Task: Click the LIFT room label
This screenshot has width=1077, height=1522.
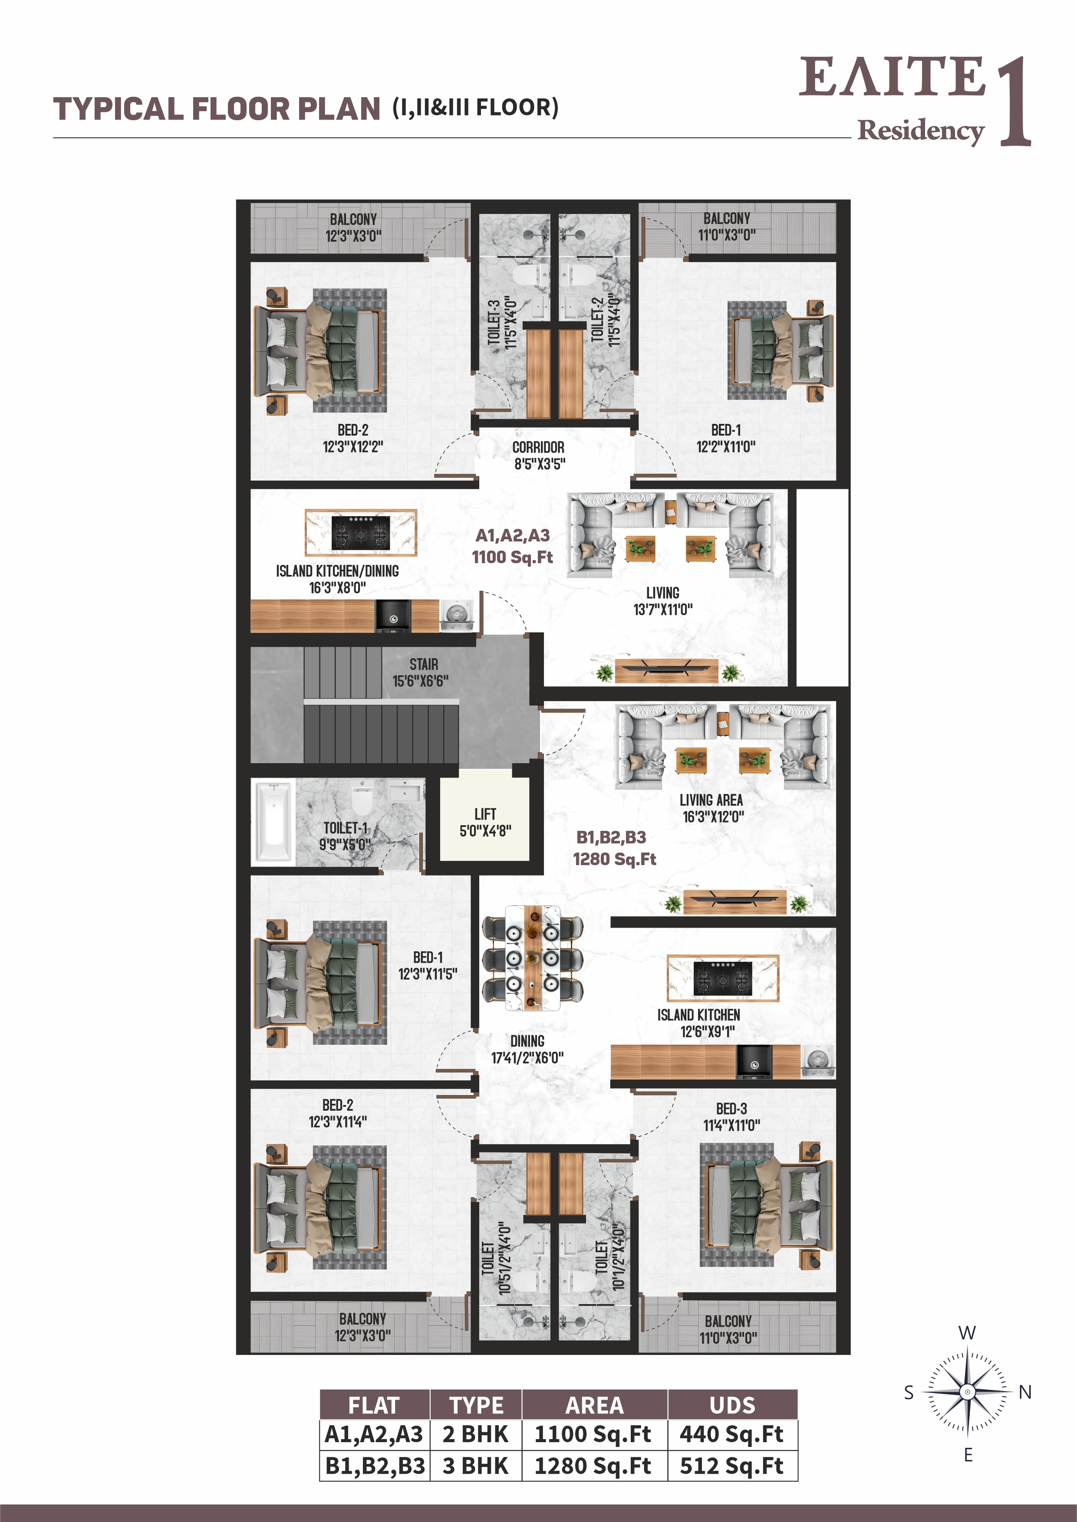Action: click(x=485, y=822)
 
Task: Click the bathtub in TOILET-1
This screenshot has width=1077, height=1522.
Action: click(x=273, y=823)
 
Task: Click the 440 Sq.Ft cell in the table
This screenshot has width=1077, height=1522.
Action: click(x=732, y=1434)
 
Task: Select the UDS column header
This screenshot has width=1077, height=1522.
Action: click(x=732, y=1405)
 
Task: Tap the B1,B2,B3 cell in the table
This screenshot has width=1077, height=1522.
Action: click(x=375, y=1466)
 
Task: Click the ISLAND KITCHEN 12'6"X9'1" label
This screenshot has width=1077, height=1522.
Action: click(x=699, y=1023)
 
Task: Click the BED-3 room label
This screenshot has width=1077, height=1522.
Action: click(x=731, y=1117)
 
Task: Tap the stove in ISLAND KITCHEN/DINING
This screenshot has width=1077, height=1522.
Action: click(x=361, y=532)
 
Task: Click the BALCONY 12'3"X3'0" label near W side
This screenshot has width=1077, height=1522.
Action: click(x=353, y=227)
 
